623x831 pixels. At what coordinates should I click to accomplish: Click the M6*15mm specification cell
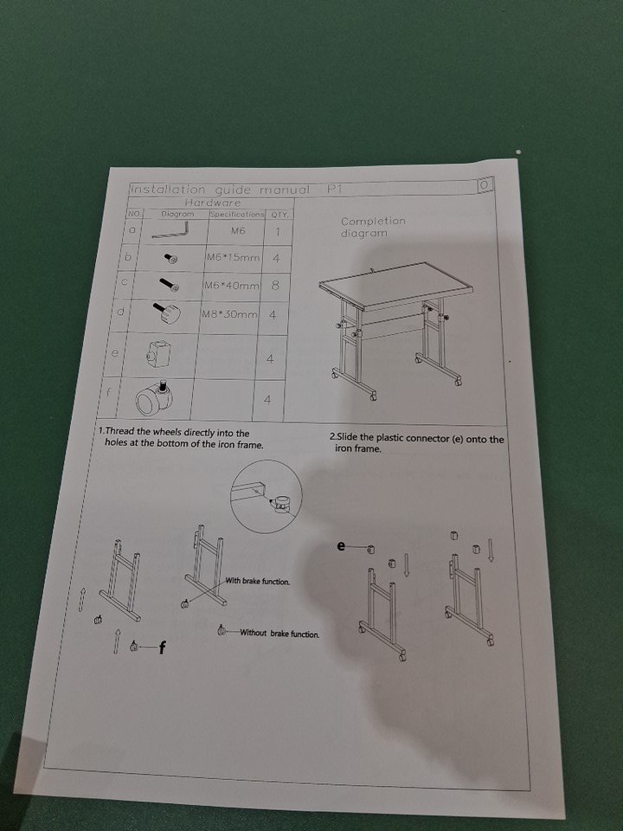tap(233, 258)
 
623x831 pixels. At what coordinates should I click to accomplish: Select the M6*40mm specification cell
tap(232, 285)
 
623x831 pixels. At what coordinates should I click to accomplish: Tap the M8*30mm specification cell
tap(228, 314)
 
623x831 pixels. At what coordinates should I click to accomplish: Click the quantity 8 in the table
tap(275, 285)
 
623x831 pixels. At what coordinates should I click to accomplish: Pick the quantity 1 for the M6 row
tap(277, 232)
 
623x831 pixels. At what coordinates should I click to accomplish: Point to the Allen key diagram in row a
tap(170, 230)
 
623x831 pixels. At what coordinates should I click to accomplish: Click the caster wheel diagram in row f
tap(155, 398)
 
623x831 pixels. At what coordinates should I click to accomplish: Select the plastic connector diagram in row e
tap(158, 354)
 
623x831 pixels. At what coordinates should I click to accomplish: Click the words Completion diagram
tap(373, 227)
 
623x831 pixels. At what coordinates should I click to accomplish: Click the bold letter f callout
tap(163, 647)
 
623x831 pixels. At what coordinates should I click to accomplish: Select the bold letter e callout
tap(341, 545)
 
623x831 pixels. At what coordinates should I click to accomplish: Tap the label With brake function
tap(258, 581)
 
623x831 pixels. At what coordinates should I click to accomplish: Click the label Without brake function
tap(279, 633)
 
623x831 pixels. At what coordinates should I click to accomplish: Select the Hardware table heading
tap(213, 203)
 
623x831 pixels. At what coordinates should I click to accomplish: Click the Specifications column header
tap(237, 214)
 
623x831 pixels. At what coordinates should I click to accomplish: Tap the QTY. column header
tap(279, 215)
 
